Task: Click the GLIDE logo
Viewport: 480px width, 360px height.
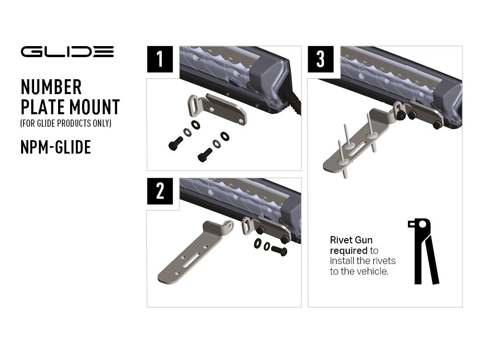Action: (x=67, y=51)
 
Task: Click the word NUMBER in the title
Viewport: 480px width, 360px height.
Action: (x=51, y=87)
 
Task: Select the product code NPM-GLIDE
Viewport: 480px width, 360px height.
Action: (x=56, y=147)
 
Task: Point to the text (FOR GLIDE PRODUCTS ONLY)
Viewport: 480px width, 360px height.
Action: (x=66, y=123)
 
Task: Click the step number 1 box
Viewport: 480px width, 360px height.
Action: (x=160, y=59)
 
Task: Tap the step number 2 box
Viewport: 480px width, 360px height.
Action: (x=160, y=191)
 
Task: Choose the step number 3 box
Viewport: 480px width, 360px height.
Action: (x=321, y=59)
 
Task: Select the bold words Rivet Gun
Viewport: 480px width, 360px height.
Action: (x=351, y=240)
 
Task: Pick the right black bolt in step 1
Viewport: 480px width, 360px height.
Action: (x=205, y=155)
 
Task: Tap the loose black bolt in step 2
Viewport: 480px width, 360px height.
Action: (x=279, y=250)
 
